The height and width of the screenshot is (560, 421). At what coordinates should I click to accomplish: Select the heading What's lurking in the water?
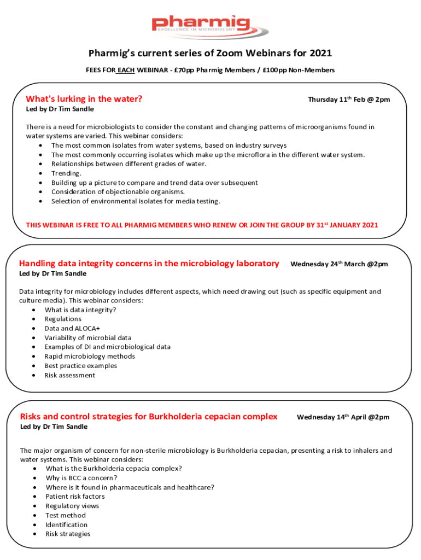point(84,99)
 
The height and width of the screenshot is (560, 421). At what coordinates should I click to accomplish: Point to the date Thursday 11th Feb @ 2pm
point(349,100)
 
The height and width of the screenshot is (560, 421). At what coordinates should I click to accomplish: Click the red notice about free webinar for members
point(202,225)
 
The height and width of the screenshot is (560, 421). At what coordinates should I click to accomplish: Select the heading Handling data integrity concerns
point(149,264)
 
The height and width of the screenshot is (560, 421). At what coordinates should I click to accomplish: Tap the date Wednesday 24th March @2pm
point(339,264)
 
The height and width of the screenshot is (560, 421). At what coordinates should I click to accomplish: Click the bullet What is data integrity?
point(80,310)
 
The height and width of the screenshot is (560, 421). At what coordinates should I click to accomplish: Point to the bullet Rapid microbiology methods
point(90,356)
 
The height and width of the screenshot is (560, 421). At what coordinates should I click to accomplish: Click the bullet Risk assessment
point(70,375)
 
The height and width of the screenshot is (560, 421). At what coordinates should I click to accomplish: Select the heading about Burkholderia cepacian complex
point(149,417)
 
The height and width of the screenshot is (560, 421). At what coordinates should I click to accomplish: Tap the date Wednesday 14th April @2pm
point(343,417)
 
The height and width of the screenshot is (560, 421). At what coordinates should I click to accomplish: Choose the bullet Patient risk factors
point(75,497)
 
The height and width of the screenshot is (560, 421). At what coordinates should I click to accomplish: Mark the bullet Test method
point(66,515)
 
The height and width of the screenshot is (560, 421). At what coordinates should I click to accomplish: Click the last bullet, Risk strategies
point(68,534)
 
